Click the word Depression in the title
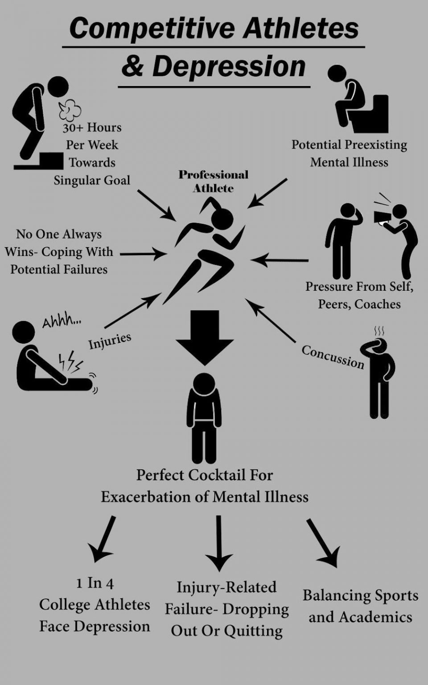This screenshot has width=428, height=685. [229, 66]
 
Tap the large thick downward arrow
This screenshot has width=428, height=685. [205, 338]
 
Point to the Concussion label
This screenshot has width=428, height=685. [333, 357]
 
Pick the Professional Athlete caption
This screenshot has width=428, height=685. [214, 181]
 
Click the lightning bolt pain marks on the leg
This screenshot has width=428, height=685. [71, 362]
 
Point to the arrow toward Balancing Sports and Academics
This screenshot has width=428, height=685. [323, 543]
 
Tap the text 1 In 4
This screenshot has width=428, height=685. [95, 583]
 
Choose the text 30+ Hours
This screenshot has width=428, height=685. [92, 128]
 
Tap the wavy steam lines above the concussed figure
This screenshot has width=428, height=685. [379, 331]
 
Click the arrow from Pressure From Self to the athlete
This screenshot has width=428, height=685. [280, 260]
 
